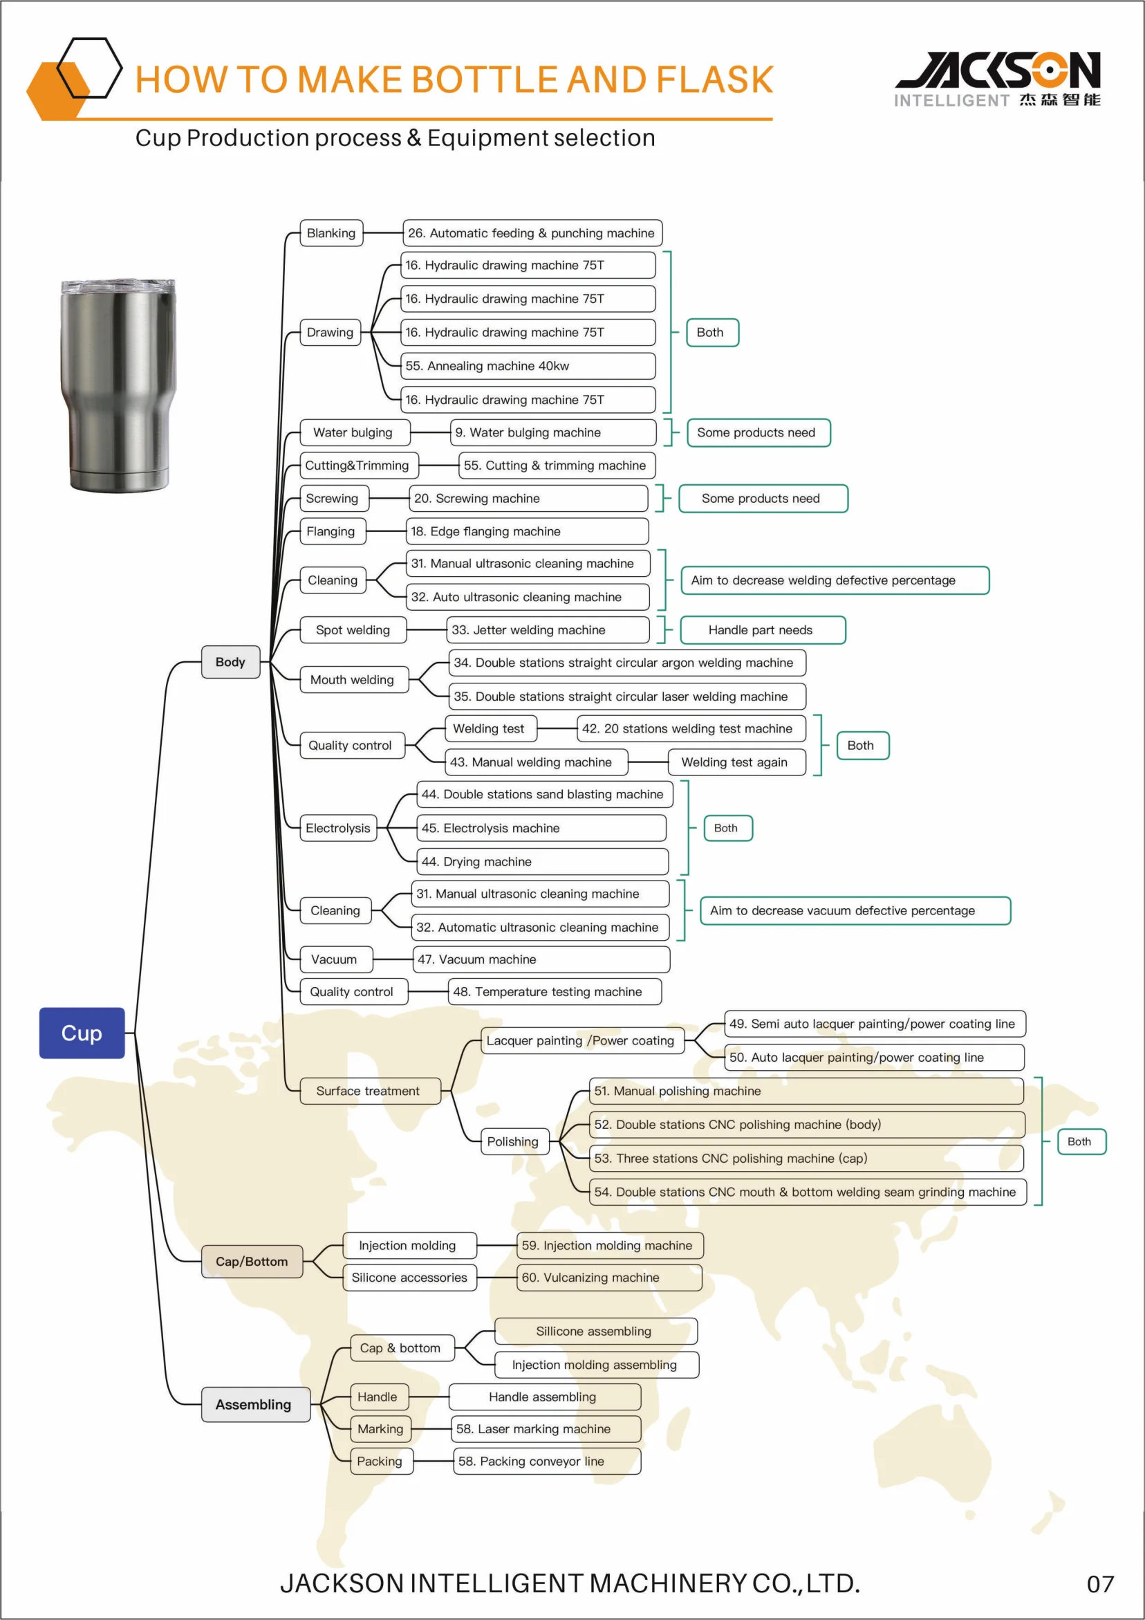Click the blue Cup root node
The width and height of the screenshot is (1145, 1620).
[x=82, y=1032]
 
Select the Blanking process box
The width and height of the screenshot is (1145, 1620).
[x=331, y=233]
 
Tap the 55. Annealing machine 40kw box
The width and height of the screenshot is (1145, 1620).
[x=528, y=365]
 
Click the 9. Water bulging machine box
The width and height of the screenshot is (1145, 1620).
[x=552, y=432]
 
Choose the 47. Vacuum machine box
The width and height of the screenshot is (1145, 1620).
[x=541, y=959]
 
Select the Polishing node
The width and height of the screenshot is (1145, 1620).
[x=513, y=1141]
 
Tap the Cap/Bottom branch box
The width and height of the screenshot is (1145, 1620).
[x=252, y=1261]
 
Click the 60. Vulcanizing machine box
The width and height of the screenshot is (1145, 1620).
[x=609, y=1277]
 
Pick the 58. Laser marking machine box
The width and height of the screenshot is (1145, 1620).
[x=546, y=1429]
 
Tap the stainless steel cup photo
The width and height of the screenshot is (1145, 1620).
[x=118, y=385]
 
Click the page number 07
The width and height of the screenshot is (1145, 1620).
[x=1100, y=1584]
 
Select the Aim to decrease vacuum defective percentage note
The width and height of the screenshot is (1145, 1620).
[x=855, y=910]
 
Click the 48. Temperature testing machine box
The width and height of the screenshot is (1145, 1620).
[x=555, y=991]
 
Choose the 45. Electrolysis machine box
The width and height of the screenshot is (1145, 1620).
[x=541, y=828]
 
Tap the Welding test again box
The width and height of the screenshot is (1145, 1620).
[x=736, y=762]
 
